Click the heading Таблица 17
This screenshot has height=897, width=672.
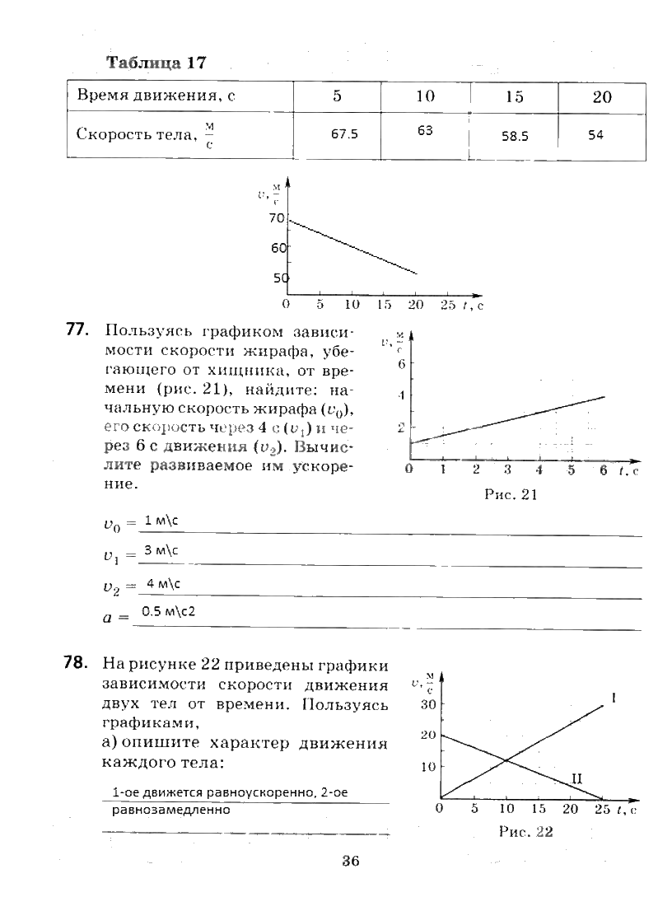click(156, 63)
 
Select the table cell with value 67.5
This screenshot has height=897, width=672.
click(344, 134)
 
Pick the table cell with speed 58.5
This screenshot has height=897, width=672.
click(515, 137)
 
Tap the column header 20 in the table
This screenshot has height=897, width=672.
click(602, 97)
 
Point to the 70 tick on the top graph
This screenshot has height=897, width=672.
click(276, 219)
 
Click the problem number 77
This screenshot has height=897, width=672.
click(76, 330)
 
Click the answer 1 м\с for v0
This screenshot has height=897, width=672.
click(161, 521)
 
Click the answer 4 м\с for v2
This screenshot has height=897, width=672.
click(163, 583)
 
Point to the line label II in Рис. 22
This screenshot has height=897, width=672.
click(577, 778)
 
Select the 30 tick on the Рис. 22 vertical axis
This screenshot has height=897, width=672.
click(427, 705)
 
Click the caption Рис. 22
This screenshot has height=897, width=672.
click(525, 832)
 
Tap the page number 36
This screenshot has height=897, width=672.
click(351, 862)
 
